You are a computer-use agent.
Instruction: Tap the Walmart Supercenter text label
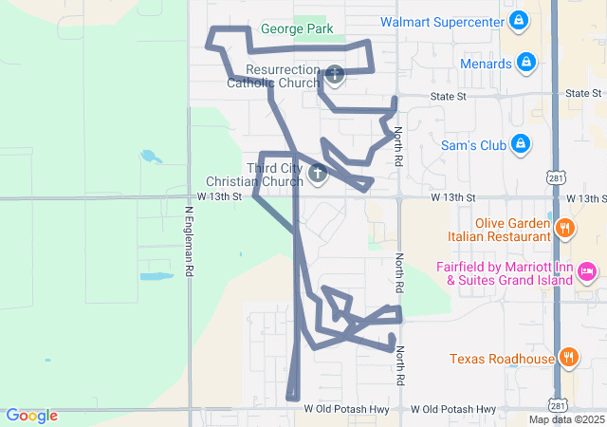point(440,21)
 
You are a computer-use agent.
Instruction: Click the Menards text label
point(485,64)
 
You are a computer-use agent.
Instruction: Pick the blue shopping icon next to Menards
point(527,64)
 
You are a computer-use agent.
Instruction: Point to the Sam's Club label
point(474,145)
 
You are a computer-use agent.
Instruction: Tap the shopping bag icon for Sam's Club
point(520,144)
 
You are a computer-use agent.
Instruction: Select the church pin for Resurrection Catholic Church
point(335,74)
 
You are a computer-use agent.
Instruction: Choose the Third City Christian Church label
point(257,175)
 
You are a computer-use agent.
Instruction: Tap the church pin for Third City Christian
point(318,173)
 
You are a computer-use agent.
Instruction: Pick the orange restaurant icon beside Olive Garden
point(564,228)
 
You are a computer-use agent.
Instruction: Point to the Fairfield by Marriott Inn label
point(505,273)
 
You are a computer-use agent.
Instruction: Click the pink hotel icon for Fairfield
point(587,273)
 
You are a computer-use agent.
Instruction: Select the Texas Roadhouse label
point(502,359)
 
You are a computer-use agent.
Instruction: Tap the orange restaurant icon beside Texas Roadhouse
point(568,357)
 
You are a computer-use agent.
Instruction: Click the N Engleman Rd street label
point(190,241)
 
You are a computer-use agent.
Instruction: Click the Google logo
point(31,416)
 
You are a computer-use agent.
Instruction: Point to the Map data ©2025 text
point(566,419)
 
